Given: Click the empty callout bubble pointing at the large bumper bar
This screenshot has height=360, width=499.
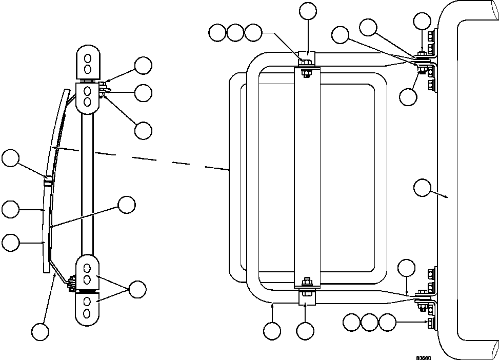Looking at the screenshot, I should click(x=422, y=188).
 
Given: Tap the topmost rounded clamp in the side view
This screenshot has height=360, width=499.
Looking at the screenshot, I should click(x=87, y=62).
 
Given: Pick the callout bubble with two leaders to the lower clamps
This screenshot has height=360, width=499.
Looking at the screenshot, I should click(x=137, y=289).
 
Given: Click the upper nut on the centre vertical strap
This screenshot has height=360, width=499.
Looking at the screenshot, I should click(x=306, y=64).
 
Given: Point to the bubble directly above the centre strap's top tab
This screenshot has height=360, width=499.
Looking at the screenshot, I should click(x=308, y=11).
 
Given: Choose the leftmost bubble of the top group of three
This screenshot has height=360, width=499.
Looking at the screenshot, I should click(x=217, y=33).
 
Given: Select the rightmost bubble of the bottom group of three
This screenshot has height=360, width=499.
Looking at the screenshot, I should click(x=388, y=323).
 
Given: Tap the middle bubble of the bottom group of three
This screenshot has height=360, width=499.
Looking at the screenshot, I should click(x=370, y=323).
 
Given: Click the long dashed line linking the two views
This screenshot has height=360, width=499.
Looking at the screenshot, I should click(x=154, y=158).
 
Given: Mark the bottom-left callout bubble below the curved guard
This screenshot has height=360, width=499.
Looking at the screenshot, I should click(x=40, y=331).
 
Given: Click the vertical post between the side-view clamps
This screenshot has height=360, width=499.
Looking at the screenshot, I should click(x=87, y=179).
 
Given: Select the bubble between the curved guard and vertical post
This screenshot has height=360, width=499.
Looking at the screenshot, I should click(x=127, y=205).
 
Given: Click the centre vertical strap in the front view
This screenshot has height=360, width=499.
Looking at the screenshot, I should click(x=307, y=174).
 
